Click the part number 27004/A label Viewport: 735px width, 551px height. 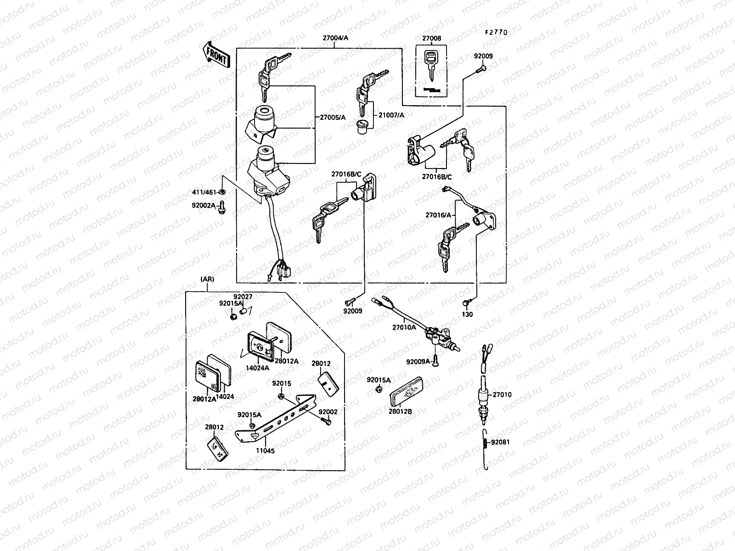tap(335, 38)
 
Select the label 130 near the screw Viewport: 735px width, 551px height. tap(467, 315)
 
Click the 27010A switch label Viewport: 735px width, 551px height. tap(404, 327)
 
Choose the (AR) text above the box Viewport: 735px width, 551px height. tap(207, 279)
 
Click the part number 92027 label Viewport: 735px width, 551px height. tap(243, 297)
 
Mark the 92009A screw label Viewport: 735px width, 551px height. tap(418, 362)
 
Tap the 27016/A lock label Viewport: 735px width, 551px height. tap(438, 214)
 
